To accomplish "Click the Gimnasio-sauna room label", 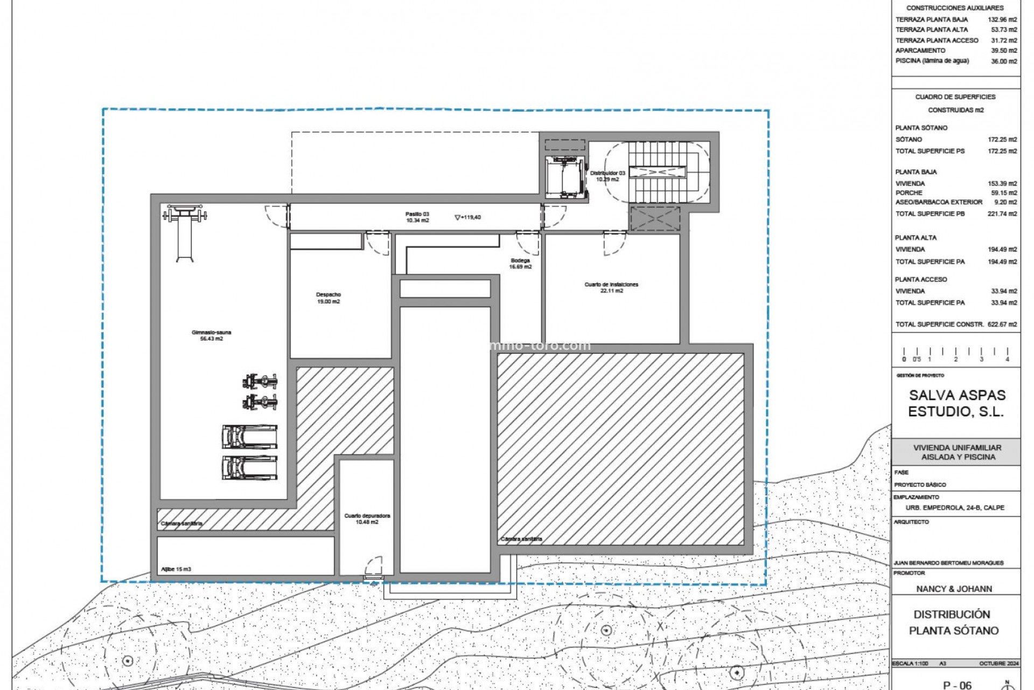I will coord(211,335).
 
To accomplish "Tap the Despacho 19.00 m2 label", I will coord(328,298).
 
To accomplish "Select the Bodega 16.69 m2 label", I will coord(520,264).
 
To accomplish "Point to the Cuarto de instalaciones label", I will coord(611,287).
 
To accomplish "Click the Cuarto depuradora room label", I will coord(367,519).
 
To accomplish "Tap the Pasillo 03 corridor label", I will coord(417,217).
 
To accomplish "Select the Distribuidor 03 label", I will coord(607,176).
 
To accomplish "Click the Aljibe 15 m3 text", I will coord(176,569).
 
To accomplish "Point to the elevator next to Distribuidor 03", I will coord(564,176).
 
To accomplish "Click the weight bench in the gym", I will coord(185,232).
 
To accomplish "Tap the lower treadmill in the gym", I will coord(250,468).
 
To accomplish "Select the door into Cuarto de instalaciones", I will coord(614,243).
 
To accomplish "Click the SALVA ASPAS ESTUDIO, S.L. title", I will coord(956,404).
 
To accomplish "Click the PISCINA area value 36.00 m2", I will coord(1004,61).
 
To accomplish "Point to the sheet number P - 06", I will coord(957,685).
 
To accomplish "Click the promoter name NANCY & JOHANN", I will coord(954,589).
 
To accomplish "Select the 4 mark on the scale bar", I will coord(1007,359).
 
